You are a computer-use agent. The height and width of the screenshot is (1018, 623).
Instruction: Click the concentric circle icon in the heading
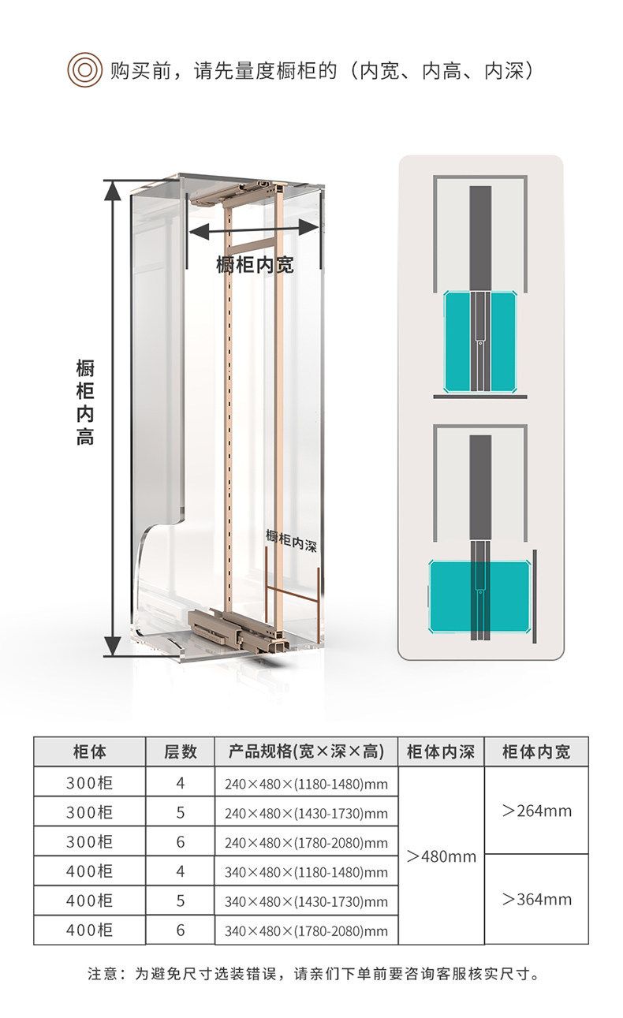pos(84,70)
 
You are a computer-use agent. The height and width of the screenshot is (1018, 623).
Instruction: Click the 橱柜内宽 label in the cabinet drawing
pos(255,265)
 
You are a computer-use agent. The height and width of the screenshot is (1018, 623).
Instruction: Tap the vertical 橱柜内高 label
pos(85,401)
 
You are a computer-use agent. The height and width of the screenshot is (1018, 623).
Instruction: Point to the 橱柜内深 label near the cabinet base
pos(291,540)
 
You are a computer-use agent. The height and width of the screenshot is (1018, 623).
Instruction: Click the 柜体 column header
pos(89,751)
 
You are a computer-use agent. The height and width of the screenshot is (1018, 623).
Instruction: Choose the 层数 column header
pos(180,751)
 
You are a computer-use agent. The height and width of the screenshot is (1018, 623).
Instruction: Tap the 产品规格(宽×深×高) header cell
pos(306,751)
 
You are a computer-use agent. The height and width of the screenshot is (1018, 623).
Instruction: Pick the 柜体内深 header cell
pos(441,751)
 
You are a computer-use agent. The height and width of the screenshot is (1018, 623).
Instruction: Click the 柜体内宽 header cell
pos(536,751)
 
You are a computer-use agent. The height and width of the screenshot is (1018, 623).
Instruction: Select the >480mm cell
pos(441,856)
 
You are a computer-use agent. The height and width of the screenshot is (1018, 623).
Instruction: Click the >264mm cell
pos(536,811)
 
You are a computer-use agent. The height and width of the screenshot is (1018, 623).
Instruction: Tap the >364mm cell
pos(536,899)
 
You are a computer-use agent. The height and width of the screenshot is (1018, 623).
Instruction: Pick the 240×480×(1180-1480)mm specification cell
pos(306,784)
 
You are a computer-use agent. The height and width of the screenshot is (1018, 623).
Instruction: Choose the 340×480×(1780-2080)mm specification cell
pos(306,931)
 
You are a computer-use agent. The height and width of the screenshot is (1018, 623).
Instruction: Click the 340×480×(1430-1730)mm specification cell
pos(306,901)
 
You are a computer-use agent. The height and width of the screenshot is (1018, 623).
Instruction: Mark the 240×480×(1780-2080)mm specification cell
pos(306,843)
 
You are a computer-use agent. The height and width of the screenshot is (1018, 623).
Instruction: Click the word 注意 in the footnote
pos(103,974)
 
